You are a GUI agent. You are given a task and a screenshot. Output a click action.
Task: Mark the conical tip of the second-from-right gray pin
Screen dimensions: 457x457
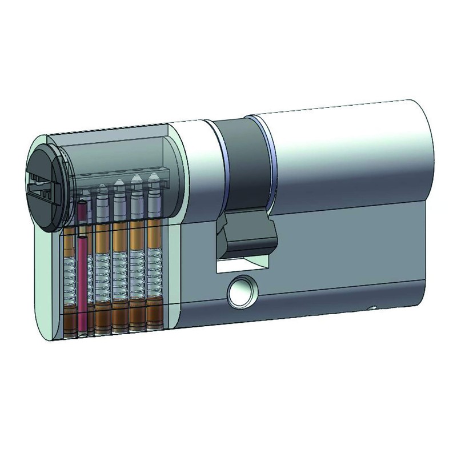[x=136, y=181]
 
